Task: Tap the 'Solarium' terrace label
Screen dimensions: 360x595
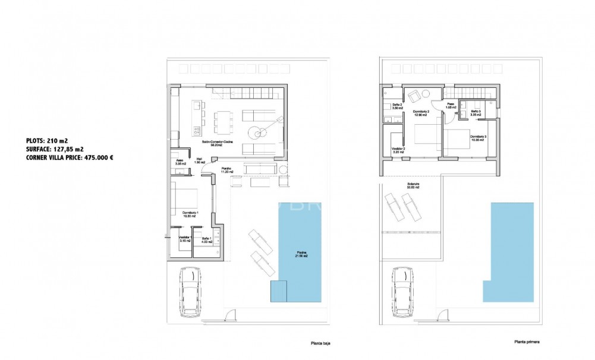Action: pos(413,185)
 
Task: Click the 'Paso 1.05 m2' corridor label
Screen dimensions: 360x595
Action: pos(451,106)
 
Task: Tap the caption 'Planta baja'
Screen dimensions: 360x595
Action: pos(320,342)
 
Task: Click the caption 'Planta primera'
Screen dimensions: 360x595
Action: pos(527,342)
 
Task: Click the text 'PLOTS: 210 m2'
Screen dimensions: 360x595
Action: pos(48,140)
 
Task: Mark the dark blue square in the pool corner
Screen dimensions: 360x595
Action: pos(278,291)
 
